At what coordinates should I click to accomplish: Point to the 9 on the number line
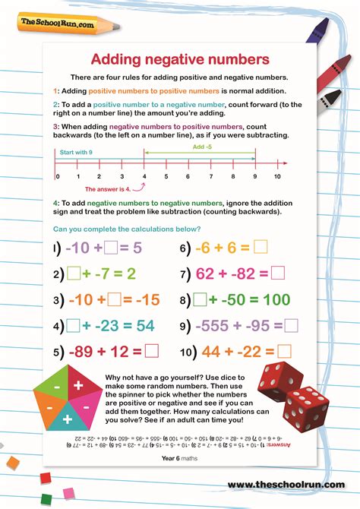tap(255, 176)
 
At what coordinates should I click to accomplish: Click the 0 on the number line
tap(57, 176)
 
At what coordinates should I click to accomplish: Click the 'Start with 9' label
tap(74, 152)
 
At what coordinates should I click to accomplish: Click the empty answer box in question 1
tap(110, 248)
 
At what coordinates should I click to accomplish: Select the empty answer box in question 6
tap(261, 247)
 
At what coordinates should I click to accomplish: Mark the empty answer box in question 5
tap(152, 351)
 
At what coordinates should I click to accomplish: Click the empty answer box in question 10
tap(283, 351)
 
